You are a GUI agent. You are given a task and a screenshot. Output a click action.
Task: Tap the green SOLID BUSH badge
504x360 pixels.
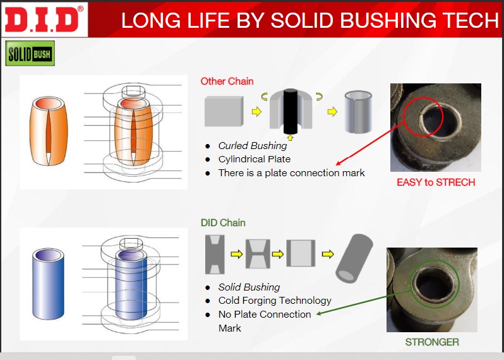30,53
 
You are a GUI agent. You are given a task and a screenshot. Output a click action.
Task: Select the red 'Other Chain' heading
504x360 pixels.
227,81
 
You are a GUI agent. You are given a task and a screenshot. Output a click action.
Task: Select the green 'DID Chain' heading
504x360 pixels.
223,223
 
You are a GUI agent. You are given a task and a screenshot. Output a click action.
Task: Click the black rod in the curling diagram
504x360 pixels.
291,111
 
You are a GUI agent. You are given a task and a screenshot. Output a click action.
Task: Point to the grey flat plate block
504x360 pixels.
224,111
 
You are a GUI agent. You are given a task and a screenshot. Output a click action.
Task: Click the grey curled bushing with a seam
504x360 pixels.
358,112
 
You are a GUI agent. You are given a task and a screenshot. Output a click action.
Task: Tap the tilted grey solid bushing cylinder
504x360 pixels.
354,258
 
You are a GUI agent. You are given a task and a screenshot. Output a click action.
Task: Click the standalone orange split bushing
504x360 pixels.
49,131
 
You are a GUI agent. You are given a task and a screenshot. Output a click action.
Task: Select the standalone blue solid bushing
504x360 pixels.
48,284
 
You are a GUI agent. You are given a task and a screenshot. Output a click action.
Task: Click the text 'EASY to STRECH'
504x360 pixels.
436,183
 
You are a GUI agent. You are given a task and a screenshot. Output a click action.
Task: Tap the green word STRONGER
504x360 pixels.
431,342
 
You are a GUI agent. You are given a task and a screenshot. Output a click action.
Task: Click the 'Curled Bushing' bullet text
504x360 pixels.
253,146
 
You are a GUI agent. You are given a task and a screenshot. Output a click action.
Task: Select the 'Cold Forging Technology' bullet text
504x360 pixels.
275,300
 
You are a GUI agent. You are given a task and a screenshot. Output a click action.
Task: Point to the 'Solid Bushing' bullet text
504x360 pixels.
249,287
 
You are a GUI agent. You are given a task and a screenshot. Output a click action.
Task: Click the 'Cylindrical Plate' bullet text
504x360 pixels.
255,159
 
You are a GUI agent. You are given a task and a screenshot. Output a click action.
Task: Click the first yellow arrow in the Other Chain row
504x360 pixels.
256,112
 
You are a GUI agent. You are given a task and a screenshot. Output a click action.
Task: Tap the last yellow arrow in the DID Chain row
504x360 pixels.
328,255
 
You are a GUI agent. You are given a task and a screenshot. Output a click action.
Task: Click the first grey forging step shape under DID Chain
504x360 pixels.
215,255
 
